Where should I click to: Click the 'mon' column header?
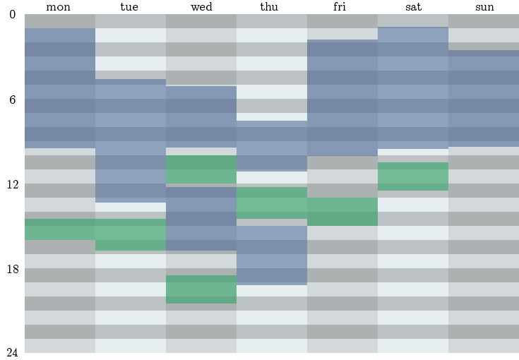coord(59,7)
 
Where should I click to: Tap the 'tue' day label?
coord(130,7)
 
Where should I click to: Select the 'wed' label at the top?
coord(201,7)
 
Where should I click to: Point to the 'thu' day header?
coord(271,7)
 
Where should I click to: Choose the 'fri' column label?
coord(342,7)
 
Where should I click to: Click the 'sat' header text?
coord(412,7)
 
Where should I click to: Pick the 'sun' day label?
coord(483,7)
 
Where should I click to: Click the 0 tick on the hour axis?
coord(12,15)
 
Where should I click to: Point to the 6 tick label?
coord(12,100)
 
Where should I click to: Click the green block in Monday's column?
coord(60,229)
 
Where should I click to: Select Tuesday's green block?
coord(131,234)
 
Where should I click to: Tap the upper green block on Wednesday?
coord(201,169)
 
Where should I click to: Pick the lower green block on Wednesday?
coord(201,289)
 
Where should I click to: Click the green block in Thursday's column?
coord(272,203)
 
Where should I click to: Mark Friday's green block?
coord(342,212)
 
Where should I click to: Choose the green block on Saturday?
coord(413,176)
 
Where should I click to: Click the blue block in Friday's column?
coord(342,97)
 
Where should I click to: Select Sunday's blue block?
coord(484,98)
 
